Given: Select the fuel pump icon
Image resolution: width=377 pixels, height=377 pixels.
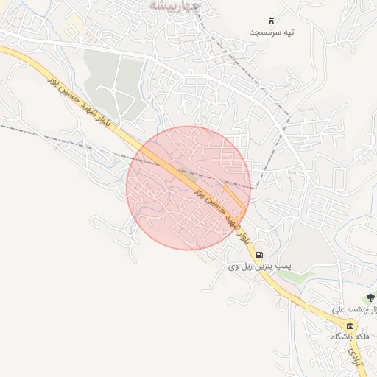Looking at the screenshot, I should pos(259,255).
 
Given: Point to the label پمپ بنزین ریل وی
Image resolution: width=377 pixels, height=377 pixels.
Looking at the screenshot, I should pos(259,266).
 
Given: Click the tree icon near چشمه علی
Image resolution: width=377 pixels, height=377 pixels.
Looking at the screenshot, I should pos(370,298).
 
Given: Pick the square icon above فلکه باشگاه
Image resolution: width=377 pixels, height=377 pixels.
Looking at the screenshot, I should pos(350,325).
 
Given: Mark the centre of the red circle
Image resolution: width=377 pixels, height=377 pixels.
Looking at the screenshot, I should pos(188,188).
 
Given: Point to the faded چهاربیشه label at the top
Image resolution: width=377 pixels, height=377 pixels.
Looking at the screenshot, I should pos(174,5).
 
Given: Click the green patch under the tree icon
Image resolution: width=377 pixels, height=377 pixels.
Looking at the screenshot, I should pos(368,308).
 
